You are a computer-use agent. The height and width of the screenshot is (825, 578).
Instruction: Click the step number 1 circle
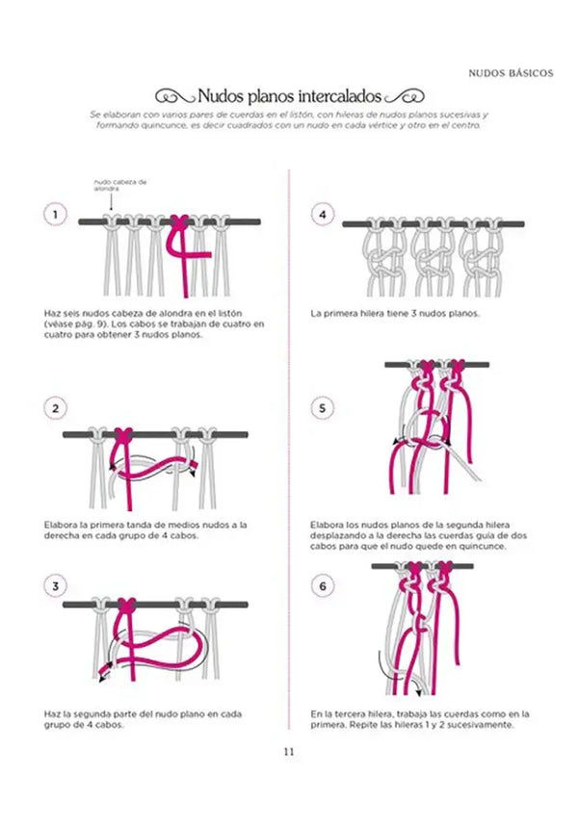(56, 215)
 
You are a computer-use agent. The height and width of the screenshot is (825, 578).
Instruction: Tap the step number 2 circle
(56, 408)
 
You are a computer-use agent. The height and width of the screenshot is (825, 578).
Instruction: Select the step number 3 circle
(56, 585)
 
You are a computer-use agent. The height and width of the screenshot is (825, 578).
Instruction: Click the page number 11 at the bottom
(288, 752)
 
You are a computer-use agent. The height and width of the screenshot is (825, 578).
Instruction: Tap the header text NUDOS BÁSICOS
(511, 72)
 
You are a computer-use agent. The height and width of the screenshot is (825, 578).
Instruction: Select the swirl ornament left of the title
(173, 97)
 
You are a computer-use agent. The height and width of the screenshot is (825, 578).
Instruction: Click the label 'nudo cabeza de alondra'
(119, 184)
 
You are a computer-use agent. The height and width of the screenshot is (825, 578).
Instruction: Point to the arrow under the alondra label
(113, 203)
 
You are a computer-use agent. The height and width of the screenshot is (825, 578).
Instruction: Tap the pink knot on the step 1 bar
(177, 222)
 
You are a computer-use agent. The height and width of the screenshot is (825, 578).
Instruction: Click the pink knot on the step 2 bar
(123, 435)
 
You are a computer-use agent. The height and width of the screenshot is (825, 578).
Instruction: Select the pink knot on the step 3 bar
(123, 605)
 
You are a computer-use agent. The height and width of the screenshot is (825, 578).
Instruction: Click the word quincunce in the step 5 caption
(485, 547)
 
